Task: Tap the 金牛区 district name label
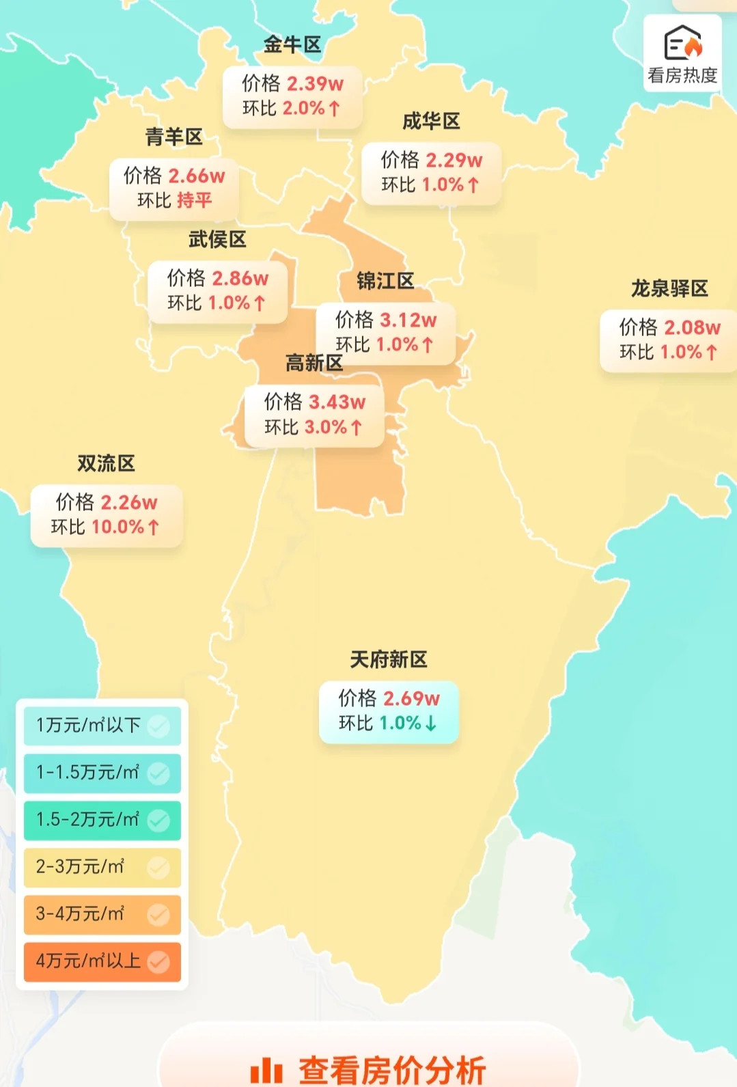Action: pyautogui.click(x=292, y=45)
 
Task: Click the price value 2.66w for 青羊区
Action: pyautogui.click(x=197, y=176)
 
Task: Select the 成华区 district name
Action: pyautogui.click(x=430, y=122)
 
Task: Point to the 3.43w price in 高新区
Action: pyautogui.click(x=337, y=402)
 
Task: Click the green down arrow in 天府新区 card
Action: pyautogui.click(x=431, y=724)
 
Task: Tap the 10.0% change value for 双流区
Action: pyautogui.click(x=117, y=527)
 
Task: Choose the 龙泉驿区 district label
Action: pyautogui.click(x=669, y=288)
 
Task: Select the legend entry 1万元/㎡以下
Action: pyautogui.click(x=88, y=725)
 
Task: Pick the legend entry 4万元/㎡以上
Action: pyautogui.click(x=88, y=961)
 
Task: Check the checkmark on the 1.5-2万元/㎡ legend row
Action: pyautogui.click(x=158, y=820)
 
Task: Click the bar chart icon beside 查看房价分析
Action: pyautogui.click(x=266, y=1070)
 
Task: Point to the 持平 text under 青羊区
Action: pyautogui.click(x=194, y=200)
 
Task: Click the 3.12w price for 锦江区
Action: pyautogui.click(x=408, y=320)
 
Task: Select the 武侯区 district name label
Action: pyautogui.click(x=217, y=239)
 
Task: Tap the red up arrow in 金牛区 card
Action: pyautogui.click(x=335, y=109)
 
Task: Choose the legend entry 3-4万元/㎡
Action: pyautogui.click(x=80, y=913)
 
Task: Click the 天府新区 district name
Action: pyautogui.click(x=388, y=659)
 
